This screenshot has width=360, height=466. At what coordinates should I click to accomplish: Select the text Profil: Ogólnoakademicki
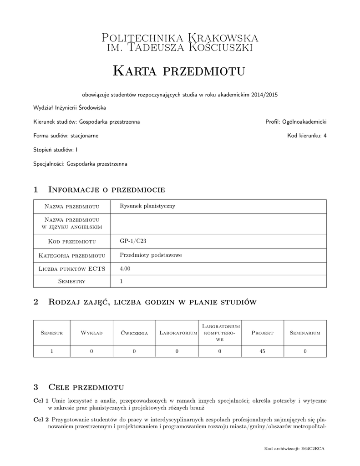(x=296, y=122)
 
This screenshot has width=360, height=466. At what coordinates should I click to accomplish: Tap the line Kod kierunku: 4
(x=307, y=136)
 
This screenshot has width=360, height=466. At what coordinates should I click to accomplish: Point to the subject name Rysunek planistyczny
(x=147, y=206)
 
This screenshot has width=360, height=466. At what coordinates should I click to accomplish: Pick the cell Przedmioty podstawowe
(x=151, y=255)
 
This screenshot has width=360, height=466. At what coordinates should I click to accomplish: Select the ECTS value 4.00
(x=125, y=268)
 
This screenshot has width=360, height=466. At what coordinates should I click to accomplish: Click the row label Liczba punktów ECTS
(x=72, y=269)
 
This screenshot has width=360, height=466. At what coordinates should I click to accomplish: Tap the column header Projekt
(x=262, y=333)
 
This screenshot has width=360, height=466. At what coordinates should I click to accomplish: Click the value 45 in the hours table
(x=262, y=351)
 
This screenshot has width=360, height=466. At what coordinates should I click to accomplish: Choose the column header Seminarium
(x=305, y=333)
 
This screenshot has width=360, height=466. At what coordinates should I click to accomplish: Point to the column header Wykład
(x=91, y=333)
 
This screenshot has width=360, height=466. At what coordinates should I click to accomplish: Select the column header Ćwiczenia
(x=134, y=333)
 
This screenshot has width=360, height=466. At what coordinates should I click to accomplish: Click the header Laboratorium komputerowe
(x=220, y=333)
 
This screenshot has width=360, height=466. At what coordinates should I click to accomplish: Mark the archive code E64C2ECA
(x=314, y=449)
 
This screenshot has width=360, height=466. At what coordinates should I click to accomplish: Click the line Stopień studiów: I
(x=56, y=149)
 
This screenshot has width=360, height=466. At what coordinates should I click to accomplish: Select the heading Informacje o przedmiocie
(x=106, y=189)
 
